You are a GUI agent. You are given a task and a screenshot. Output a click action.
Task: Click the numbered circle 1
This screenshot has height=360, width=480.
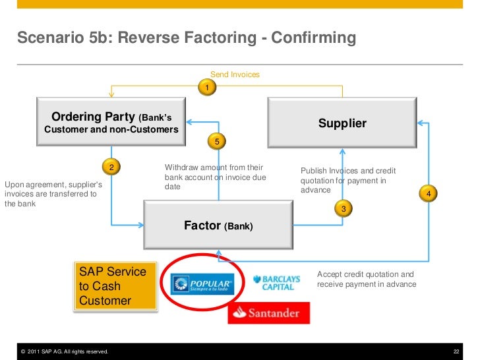click(x=206, y=88)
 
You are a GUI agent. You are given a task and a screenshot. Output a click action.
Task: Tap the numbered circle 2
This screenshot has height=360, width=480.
click(x=111, y=167)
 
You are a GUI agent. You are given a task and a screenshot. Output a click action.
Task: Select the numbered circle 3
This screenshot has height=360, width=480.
click(x=342, y=208)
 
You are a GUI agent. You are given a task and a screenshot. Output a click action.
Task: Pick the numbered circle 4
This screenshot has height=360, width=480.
click(x=429, y=194)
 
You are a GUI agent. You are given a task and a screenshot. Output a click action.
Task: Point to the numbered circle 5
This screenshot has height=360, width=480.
click(x=216, y=141)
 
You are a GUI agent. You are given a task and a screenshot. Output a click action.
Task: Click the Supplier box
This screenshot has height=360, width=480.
click(x=342, y=124)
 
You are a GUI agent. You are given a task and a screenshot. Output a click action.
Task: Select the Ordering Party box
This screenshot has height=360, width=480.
click(x=111, y=123)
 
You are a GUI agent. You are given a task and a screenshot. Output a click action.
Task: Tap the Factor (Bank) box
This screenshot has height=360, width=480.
click(x=218, y=225)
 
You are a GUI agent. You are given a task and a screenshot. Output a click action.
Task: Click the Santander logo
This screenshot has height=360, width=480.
click(x=268, y=313)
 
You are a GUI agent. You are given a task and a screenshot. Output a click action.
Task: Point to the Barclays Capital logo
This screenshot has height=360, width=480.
click(x=277, y=283)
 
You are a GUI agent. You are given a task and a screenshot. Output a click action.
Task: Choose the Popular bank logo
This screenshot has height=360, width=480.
click(x=202, y=284)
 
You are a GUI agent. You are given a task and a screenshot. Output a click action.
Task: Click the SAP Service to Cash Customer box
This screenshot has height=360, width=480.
click(x=116, y=287)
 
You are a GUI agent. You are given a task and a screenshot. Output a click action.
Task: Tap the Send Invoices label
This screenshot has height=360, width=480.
click(x=235, y=75)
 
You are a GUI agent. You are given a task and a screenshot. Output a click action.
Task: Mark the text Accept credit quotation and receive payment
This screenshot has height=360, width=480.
click(x=367, y=279)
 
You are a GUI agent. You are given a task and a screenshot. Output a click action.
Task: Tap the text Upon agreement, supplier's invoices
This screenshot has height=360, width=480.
click(x=53, y=194)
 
